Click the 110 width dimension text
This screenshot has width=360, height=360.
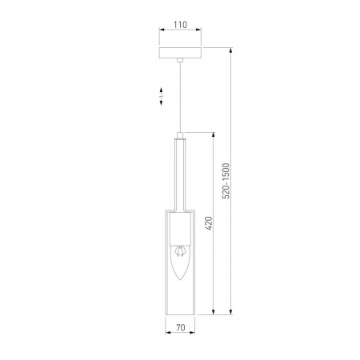180,25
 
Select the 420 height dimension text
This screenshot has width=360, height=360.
209,223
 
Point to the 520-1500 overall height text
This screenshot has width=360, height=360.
226,182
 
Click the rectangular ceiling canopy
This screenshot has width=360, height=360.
180,54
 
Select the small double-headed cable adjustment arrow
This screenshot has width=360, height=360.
161,96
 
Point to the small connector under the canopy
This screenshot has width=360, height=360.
180,62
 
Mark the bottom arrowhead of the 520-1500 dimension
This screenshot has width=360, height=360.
232,311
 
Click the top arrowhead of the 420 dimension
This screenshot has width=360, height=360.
214,134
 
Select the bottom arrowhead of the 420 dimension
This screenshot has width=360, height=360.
214,311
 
